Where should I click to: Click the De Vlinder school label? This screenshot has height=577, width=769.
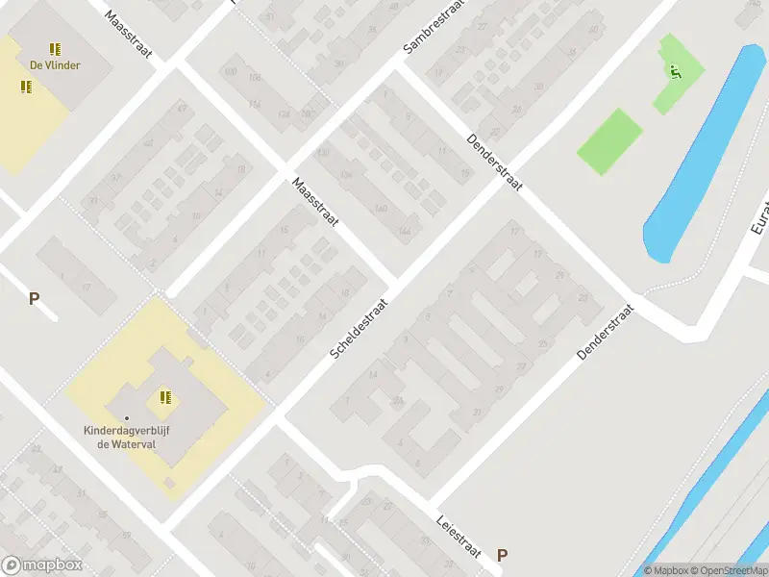coord(55,65)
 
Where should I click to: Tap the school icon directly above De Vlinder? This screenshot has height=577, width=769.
coord(55,48)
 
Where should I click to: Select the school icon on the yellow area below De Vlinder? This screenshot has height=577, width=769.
coord(26,87)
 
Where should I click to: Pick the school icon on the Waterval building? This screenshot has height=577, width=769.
coord(165,396)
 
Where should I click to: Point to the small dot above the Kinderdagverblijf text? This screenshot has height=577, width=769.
coord(126,417)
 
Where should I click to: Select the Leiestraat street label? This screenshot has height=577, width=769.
coord(460,530)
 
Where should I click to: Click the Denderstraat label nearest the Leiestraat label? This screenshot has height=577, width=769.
coord(608,333)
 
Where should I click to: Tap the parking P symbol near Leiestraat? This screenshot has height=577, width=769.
coord(501,555)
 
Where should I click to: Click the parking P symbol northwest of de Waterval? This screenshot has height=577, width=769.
coord(34,298)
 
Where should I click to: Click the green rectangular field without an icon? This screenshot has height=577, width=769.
coord(609,141)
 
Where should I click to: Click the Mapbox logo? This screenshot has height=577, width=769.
coord(41,565)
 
